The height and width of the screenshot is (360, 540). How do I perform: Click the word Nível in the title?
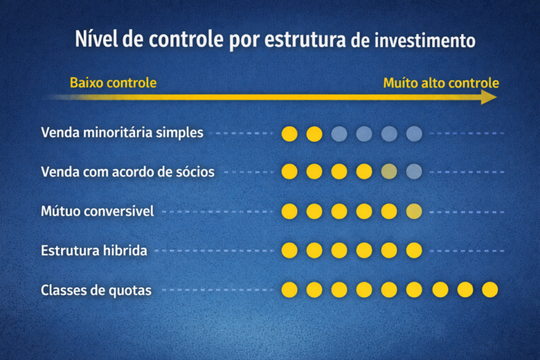point(92,40)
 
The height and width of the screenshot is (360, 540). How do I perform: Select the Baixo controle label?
point(113,83)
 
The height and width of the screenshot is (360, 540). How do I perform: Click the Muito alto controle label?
point(441,83)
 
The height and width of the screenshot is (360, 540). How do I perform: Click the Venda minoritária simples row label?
point(122,134)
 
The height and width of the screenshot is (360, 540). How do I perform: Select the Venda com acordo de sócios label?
point(128,172)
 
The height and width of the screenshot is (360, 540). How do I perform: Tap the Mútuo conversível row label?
point(97,211)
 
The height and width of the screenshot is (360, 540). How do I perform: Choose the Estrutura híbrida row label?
point(94,251)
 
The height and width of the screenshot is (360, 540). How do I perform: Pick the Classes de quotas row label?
point(96,291)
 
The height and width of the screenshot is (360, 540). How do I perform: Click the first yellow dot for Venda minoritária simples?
point(289,134)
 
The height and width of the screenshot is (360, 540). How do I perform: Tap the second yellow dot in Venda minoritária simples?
point(314,134)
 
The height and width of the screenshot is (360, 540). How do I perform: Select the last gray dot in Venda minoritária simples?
point(414,134)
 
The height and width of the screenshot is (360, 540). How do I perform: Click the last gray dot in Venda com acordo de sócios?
point(414,172)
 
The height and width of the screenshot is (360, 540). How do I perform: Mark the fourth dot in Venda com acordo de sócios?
point(364,172)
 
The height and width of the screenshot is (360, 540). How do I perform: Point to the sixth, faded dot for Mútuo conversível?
point(414,211)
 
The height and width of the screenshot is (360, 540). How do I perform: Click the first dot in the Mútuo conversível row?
point(289,211)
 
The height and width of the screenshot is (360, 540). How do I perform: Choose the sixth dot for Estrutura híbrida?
point(414,250)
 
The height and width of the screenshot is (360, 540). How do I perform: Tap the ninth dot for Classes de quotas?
point(490,290)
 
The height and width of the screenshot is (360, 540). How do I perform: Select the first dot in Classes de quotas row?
point(289,290)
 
